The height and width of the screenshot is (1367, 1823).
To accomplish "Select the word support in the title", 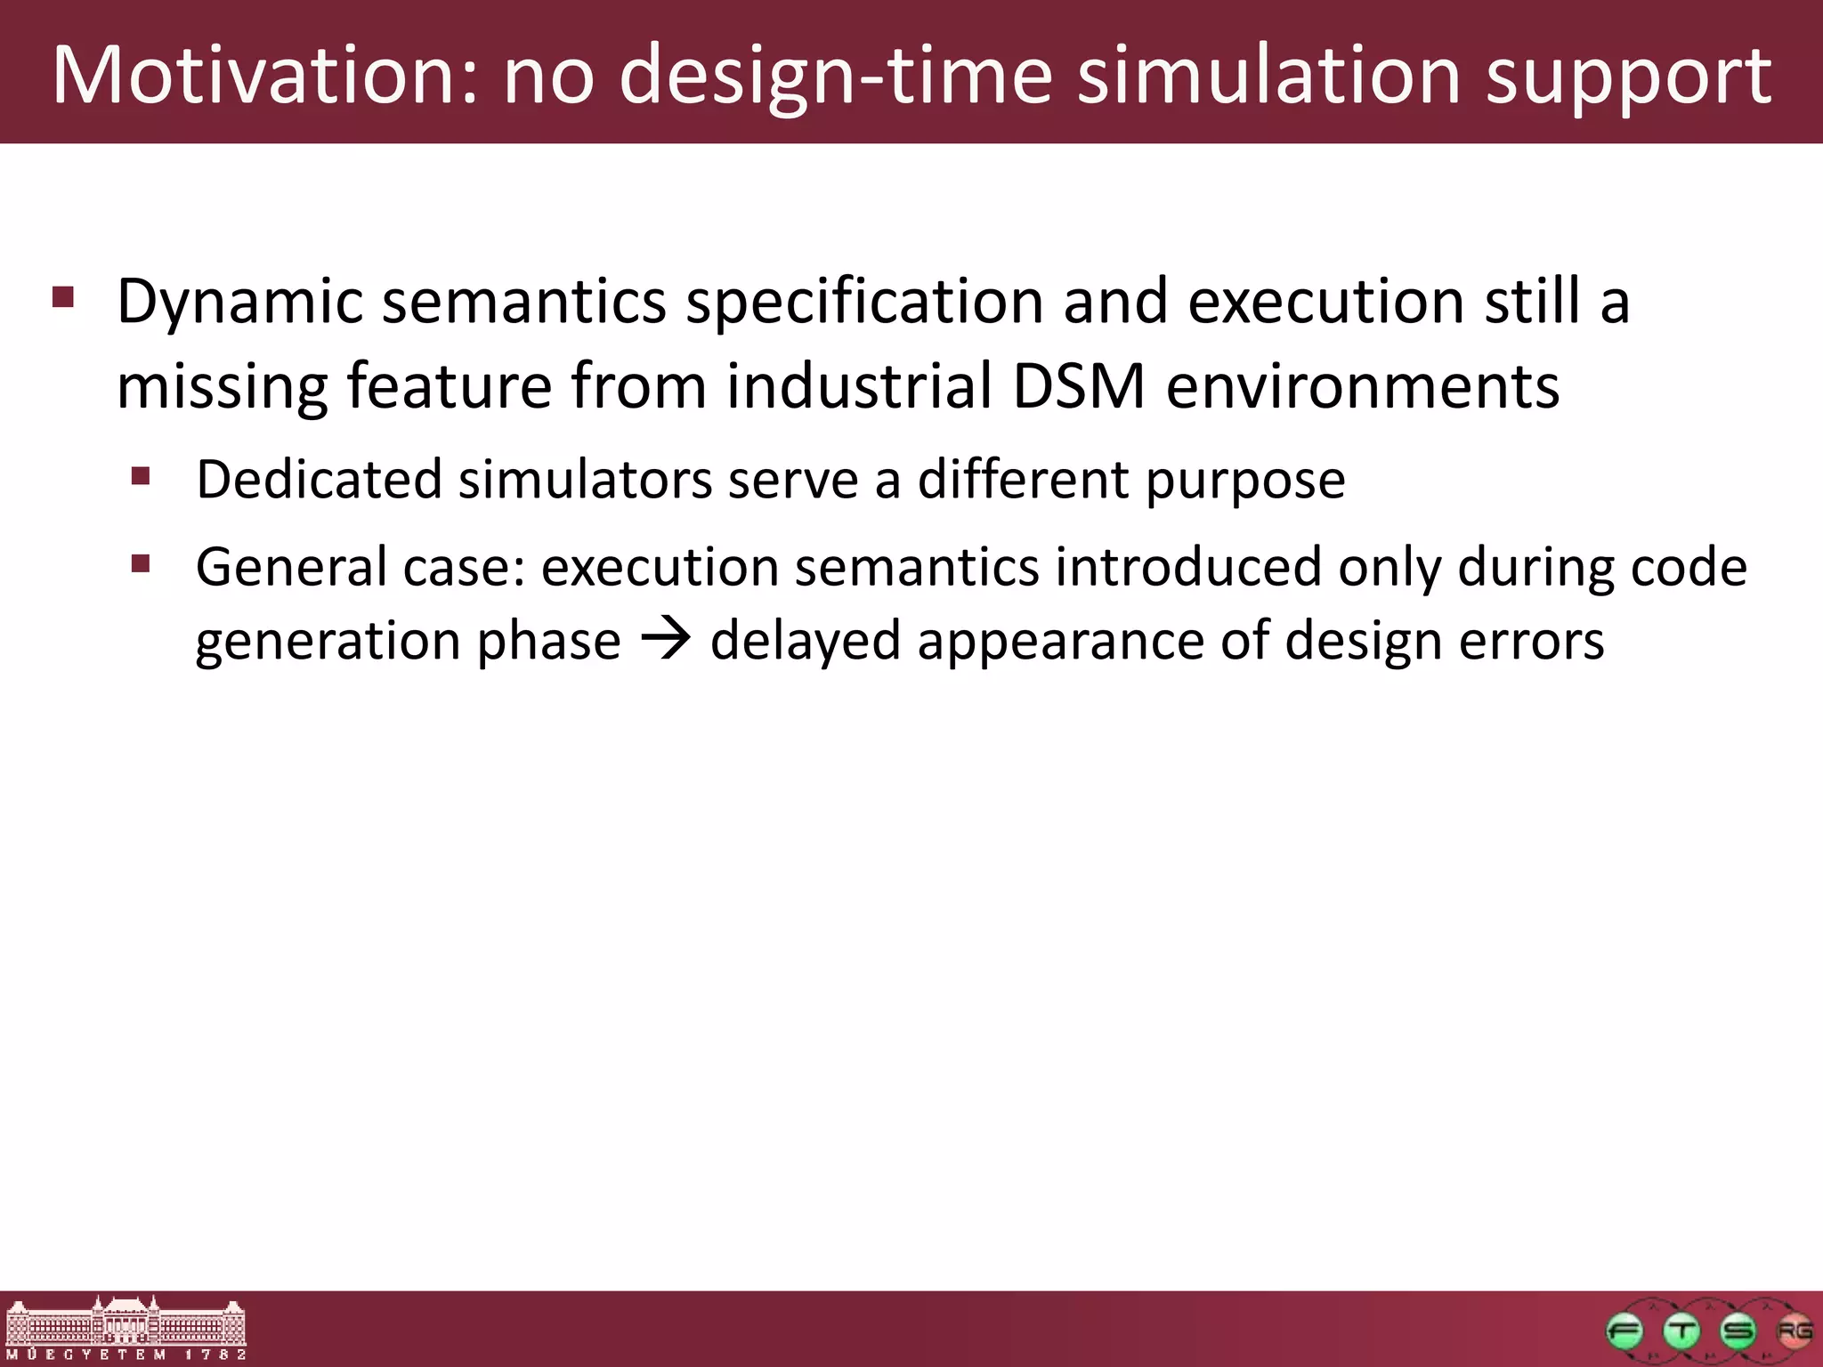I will tap(1629, 78).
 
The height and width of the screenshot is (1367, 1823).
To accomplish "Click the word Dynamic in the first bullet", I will tap(239, 302).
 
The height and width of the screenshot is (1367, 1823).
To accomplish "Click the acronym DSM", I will tap(1079, 386).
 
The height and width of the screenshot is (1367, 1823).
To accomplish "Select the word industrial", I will tap(859, 386).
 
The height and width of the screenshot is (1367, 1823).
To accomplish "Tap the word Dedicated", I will tap(319, 480).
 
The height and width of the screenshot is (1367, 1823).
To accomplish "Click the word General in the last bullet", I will tap(291, 567).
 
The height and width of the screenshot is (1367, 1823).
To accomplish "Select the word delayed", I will tap(805, 641).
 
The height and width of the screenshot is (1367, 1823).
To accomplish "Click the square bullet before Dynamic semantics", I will tap(63, 296).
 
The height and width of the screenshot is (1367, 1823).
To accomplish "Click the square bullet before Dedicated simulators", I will tap(141, 476).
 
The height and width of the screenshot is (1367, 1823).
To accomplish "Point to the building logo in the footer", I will tap(126, 1327).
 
